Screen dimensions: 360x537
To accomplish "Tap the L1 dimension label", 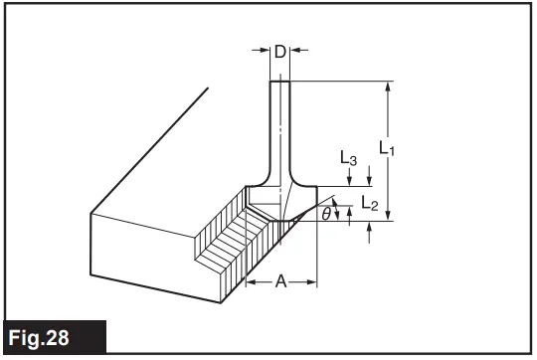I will point(388,149).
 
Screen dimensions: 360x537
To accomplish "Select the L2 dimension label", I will point(369,204).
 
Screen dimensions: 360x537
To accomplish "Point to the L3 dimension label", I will point(348,158).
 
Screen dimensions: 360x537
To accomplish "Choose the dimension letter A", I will point(281,283).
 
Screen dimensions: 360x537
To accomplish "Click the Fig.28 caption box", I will point(52,337).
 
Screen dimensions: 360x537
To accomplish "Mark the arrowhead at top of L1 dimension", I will point(389,87).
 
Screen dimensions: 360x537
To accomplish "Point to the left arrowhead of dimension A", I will point(250,283).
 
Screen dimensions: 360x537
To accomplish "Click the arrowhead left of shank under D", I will point(267,50).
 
